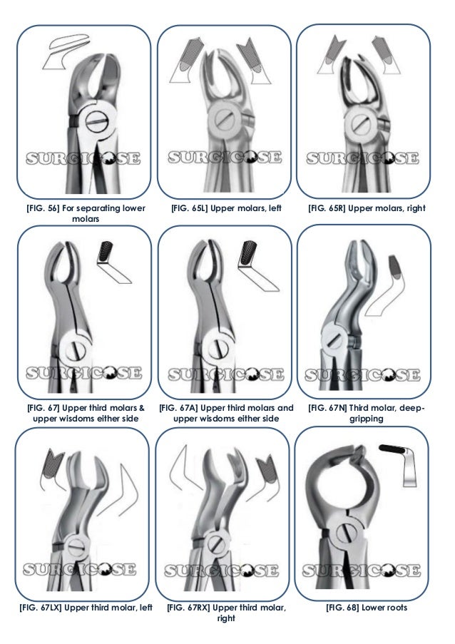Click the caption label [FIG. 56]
tap(42, 208)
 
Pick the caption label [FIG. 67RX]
tap(186, 608)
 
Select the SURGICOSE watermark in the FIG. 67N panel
tap(364, 372)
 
